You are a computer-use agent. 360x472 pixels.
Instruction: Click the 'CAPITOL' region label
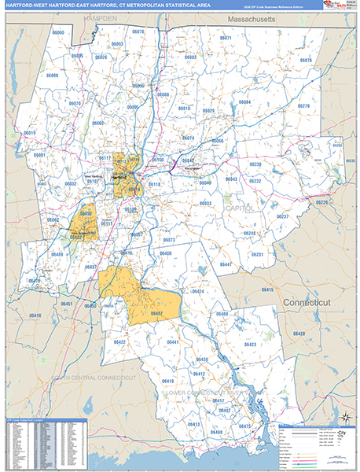240,208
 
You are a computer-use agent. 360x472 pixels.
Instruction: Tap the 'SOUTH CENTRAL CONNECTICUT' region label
94,378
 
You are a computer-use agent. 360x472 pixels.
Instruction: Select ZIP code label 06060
57,33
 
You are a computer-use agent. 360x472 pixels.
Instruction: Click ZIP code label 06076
306,61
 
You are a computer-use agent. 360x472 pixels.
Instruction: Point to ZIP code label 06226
321,203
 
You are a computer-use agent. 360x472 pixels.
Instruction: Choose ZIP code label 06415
266,289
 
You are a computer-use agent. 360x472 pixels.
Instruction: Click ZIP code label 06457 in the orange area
156,313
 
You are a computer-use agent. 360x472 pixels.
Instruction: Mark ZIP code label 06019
29,134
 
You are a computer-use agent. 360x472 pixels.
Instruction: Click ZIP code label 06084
244,102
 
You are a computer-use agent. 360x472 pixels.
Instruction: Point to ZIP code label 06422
119,342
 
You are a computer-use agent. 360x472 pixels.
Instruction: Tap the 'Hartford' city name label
119,178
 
